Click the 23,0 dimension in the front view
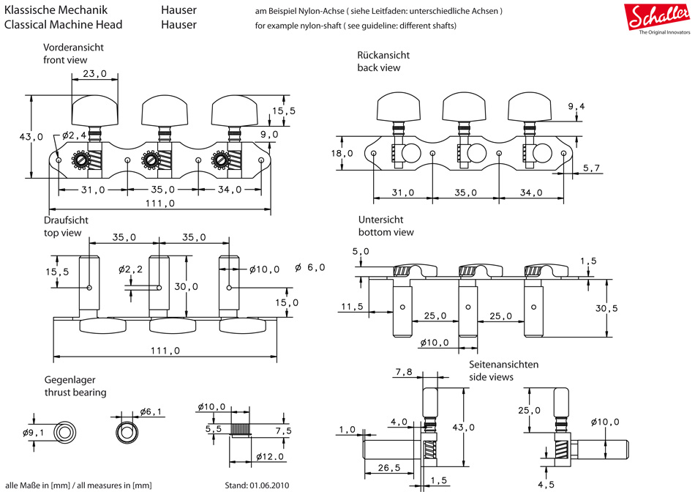pos(95,74)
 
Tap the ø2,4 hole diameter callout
pos(75,135)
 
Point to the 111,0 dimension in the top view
pos(165,351)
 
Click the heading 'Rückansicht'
pos(383,56)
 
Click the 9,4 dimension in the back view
pos(576,107)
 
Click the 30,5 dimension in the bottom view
pos(606,308)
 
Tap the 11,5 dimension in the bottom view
pos(353,307)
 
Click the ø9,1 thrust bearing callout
pos(34,432)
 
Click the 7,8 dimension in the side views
pos(404,373)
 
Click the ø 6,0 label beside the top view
pos(310,267)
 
